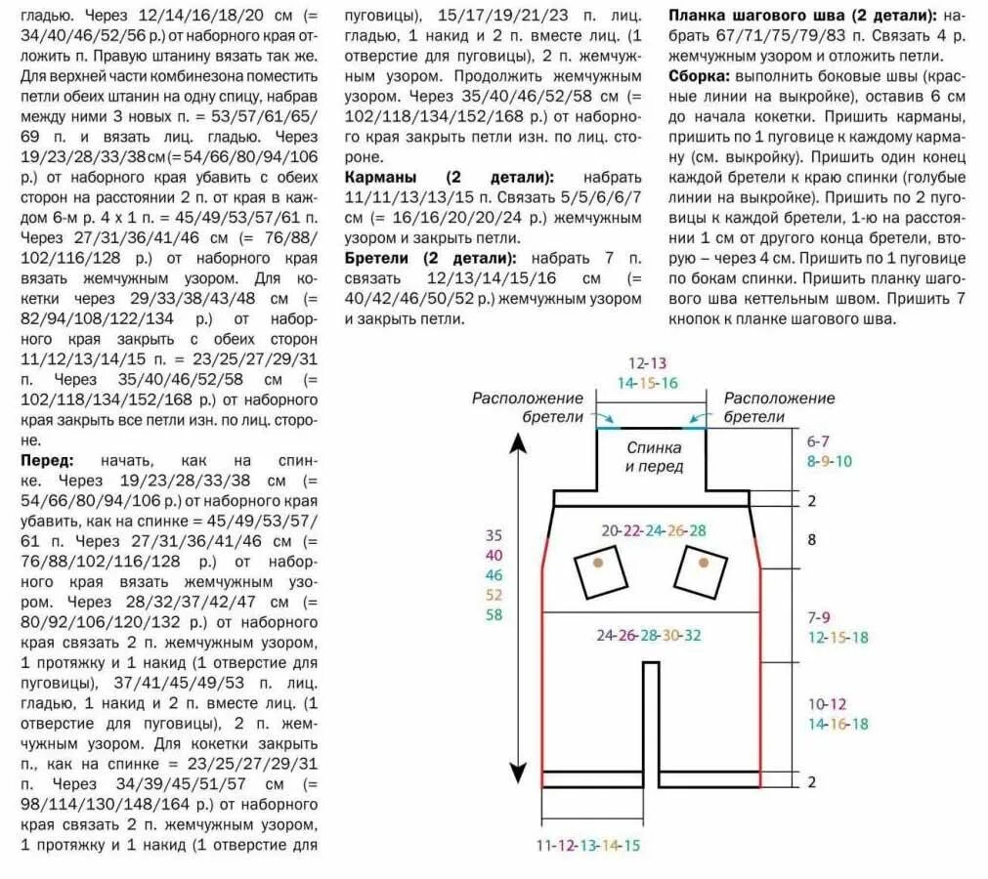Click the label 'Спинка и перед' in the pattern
654,456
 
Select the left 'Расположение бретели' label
529,407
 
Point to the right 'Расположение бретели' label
779,407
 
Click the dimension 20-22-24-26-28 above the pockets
653,530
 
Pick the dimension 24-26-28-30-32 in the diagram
649,635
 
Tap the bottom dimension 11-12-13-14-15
587,845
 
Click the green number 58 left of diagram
494,614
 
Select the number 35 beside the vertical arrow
494,535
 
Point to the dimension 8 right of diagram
811,538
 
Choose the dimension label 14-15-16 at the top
647,383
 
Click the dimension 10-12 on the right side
827,703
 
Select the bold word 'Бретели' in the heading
379,258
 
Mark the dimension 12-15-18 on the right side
838,637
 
